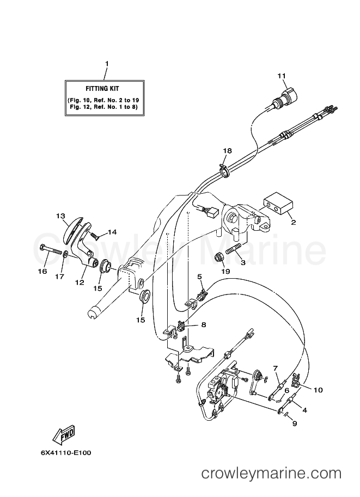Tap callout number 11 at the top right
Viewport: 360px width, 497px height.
tap(281, 76)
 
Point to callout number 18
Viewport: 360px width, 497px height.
tap(227, 150)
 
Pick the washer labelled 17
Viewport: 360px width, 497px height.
tap(65, 254)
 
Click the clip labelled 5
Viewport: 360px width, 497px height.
tap(200, 295)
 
